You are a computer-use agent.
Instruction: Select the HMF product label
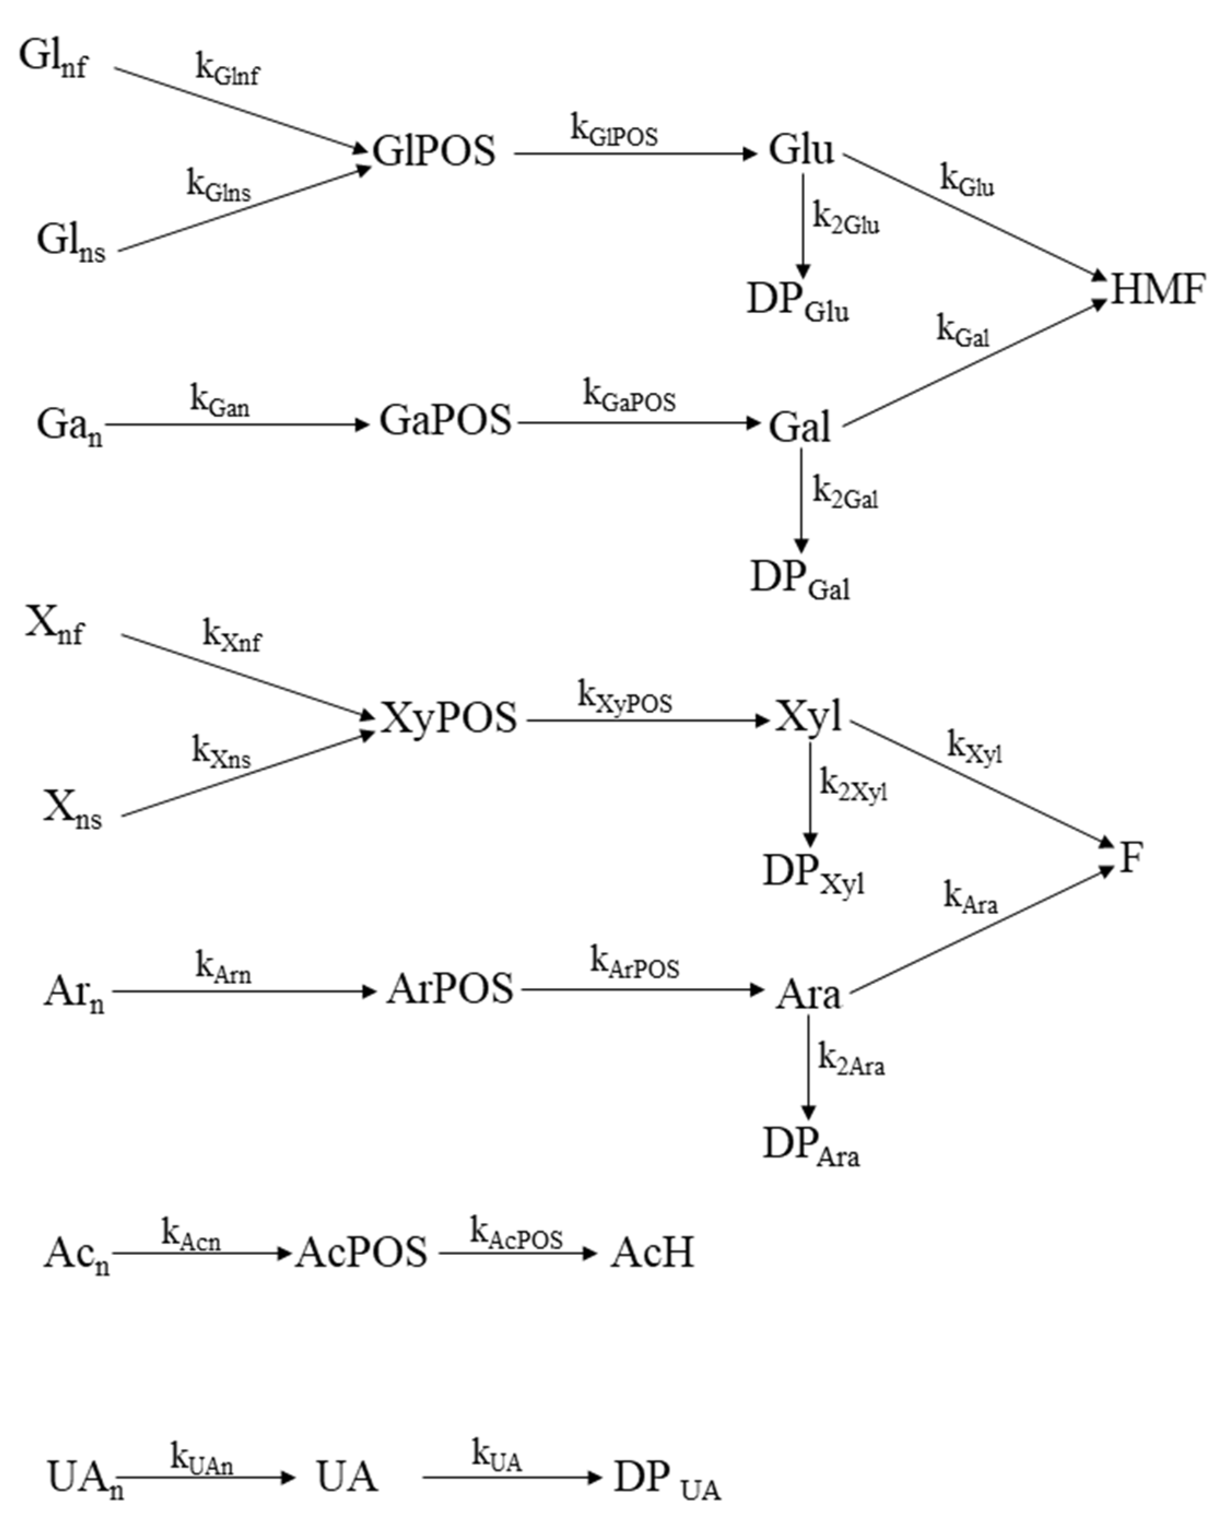click(1158, 290)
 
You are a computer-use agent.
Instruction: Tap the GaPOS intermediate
click(445, 420)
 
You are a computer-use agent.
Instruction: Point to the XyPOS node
click(449, 718)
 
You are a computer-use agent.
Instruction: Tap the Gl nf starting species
click(54, 58)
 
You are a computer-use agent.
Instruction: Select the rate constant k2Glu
click(846, 218)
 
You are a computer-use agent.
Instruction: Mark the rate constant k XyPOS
click(625, 698)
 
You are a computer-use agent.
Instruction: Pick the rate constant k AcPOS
click(516, 1234)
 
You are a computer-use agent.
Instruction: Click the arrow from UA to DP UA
click(512, 1476)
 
